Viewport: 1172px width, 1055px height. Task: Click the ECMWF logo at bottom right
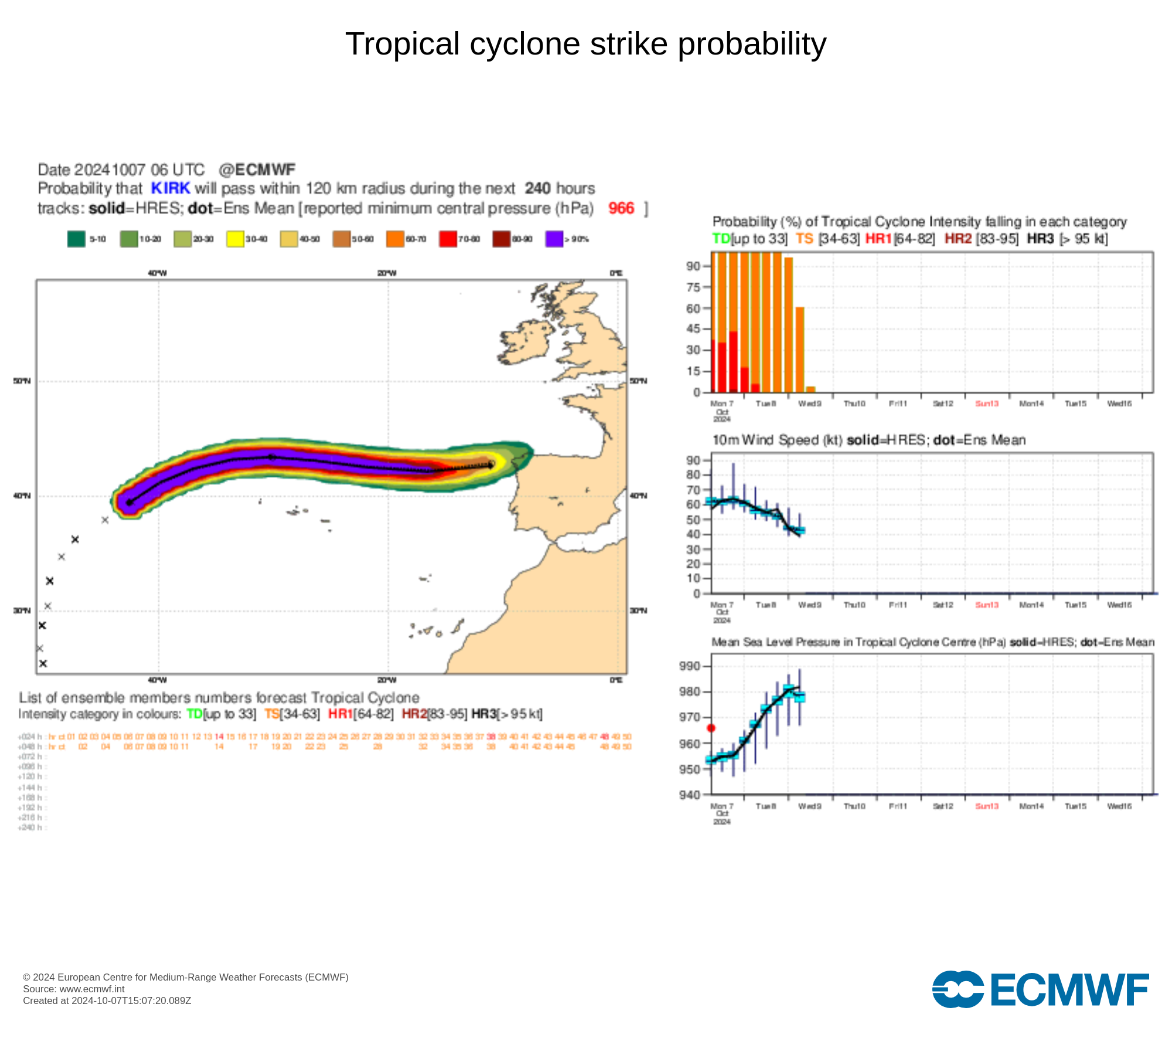tap(1040, 989)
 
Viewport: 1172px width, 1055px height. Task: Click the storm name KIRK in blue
tap(171, 188)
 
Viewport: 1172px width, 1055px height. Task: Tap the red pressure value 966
tap(621, 208)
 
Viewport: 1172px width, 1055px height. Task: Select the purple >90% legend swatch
tap(554, 239)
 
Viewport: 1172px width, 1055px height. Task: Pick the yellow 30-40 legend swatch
tap(235, 239)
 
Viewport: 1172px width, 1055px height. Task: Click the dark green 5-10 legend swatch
tap(76, 239)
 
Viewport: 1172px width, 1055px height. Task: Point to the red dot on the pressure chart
tap(711, 728)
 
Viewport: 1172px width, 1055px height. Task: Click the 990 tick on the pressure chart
tap(690, 666)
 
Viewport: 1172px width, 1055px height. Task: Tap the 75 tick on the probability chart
tap(693, 287)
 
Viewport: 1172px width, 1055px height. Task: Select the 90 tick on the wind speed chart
tap(693, 460)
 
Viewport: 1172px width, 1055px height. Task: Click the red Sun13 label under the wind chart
tap(987, 605)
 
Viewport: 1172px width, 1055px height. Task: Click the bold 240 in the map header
tap(537, 188)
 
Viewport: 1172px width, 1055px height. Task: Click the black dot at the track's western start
tap(130, 502)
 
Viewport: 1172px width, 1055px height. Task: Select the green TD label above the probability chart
tap(721, 239)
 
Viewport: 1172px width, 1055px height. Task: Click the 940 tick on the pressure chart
tap(690, 795)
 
